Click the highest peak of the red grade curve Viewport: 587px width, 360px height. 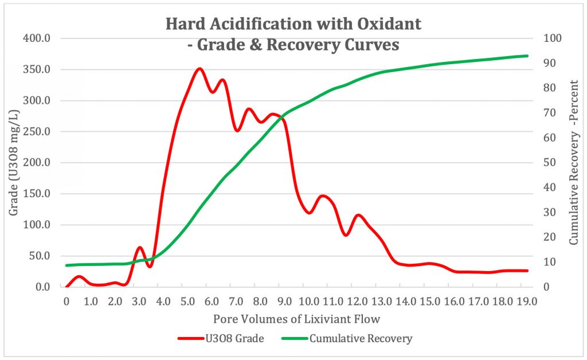(199, 69)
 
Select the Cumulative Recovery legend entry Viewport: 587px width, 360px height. (361, 338)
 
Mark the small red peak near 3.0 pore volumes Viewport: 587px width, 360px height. (139, 248)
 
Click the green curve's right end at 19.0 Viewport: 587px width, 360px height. (527, 56)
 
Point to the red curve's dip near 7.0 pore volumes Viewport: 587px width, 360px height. (237, 131)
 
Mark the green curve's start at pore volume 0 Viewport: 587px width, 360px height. (67, 265)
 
